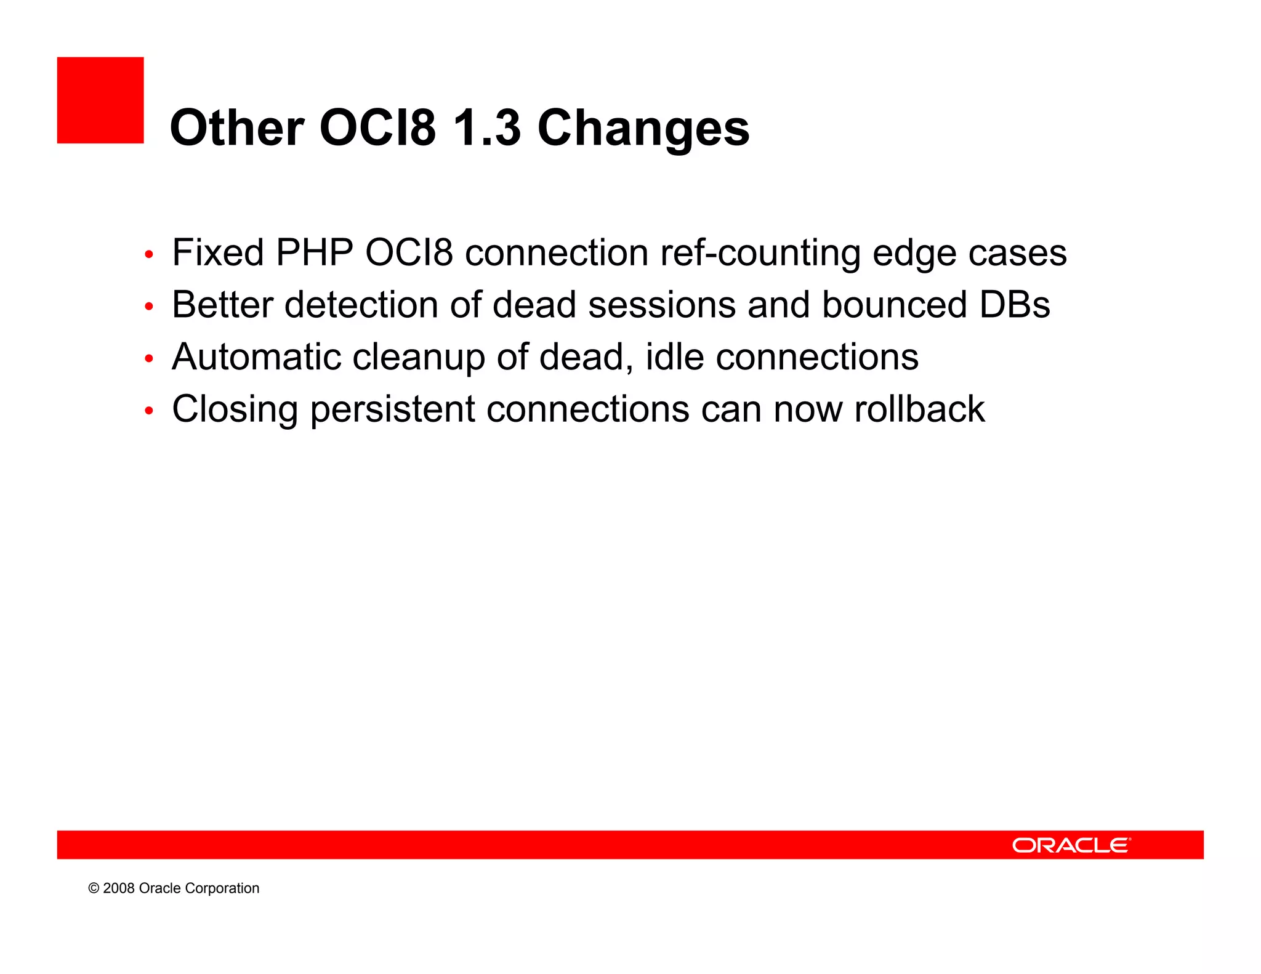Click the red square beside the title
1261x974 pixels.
click(100, 100)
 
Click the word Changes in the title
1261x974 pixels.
click(643, 129)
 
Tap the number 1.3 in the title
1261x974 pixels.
click(486, 128)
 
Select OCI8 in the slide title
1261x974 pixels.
click(377, 128)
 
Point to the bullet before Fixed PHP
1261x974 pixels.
click(148, 254)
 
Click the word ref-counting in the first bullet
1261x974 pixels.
click(760, 253)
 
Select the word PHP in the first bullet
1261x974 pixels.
click(315, 252)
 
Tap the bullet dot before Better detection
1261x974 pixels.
click(148, 306)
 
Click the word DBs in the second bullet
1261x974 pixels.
click(1014, 305)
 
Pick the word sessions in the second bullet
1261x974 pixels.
click(662, 305)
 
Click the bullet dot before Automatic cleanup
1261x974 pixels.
click(148, 358)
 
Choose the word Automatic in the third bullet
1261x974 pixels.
click(256, 357)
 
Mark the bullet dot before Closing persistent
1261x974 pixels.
click(148, 411)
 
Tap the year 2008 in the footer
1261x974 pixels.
click(119, 888)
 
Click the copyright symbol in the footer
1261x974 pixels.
click(94, 888)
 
